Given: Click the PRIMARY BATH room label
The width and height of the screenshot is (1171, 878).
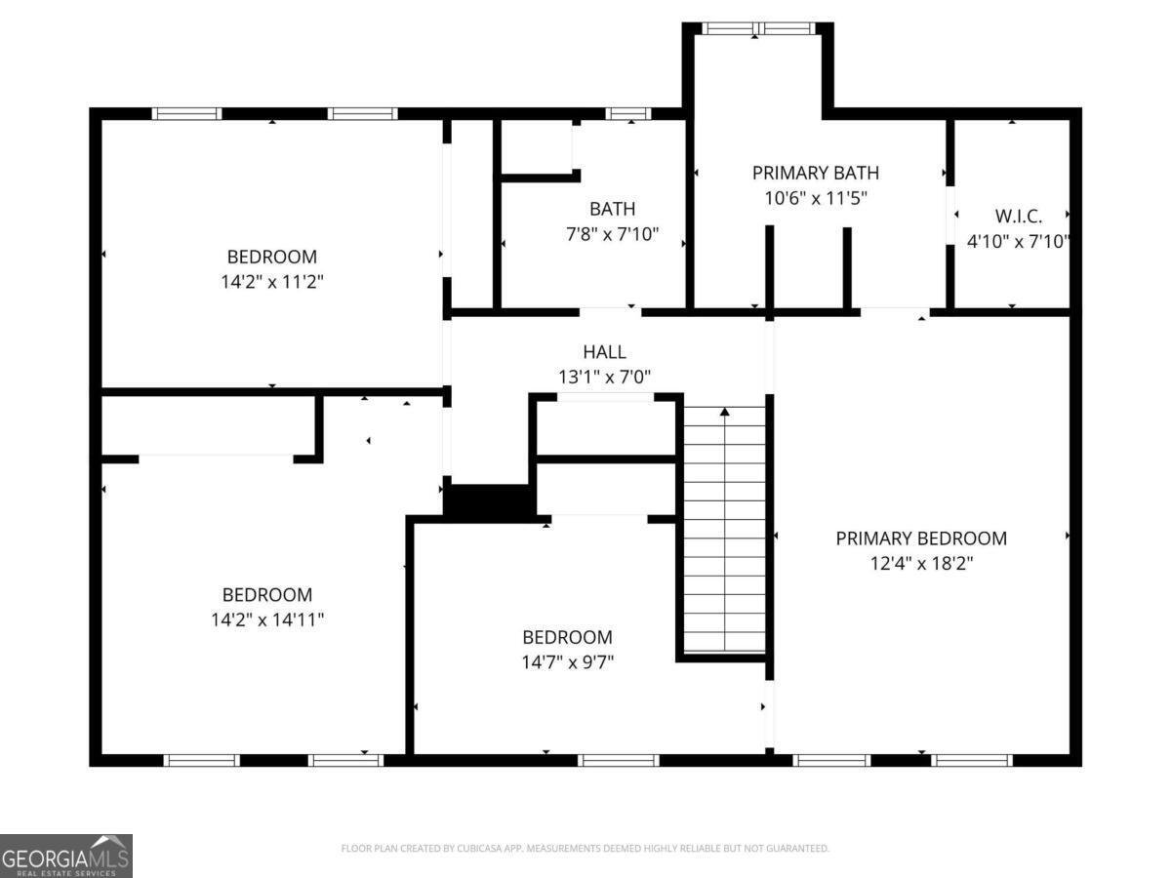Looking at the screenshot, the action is (x=815, y=173).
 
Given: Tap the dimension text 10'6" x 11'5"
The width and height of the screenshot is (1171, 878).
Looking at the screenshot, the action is (x=816, y=198).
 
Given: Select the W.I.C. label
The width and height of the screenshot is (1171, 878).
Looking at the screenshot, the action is (x=1019, y=216).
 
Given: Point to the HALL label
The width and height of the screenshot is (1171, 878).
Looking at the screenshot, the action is (x=604, y=352).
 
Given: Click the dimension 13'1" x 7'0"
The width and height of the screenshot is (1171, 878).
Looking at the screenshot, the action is (x=604, y=377).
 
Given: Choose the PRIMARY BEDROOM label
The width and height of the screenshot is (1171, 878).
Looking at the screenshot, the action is (x=921, y=539).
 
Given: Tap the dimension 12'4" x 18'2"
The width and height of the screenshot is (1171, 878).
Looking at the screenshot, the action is (x=922, y=564).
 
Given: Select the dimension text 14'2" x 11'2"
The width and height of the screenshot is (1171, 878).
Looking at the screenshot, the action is (x=272, y=282).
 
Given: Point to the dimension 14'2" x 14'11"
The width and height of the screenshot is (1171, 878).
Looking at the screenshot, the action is (x=267, y=619).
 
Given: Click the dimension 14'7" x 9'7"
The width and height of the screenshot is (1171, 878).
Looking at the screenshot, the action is (x=568, y=662).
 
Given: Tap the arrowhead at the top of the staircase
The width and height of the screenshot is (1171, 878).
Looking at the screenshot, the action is (x=724, y=412).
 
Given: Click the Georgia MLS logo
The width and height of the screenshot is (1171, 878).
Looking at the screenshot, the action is (x=66, y=857).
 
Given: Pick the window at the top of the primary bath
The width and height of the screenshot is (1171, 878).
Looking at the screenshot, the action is (x=758, y=29).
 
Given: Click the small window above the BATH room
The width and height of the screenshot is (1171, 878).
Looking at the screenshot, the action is (x=627, y=113).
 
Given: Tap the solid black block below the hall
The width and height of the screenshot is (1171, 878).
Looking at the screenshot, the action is (x=489, y=500).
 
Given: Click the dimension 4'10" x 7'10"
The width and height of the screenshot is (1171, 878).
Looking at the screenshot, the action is (x=1019, y=242).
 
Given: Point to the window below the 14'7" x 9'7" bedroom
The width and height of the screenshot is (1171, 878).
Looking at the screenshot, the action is (x=619, y=760).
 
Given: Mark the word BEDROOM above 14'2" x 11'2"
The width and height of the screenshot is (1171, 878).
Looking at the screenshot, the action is (x=272, y=257).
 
